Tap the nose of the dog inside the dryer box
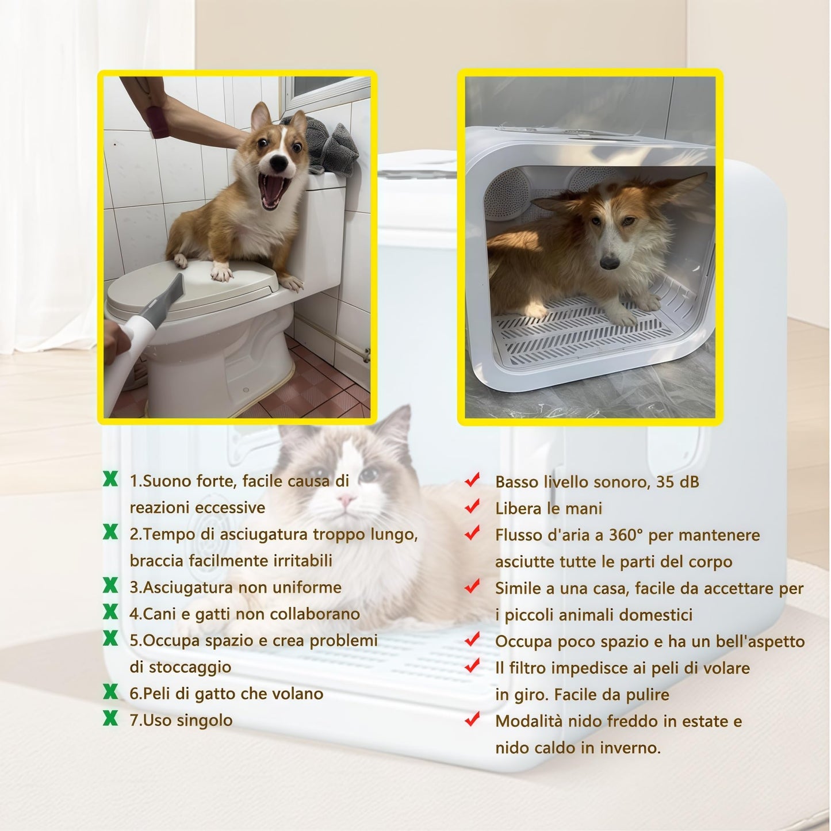pos(608,262)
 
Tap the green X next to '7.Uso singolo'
pos(110,718)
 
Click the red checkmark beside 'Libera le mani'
pos(472,507)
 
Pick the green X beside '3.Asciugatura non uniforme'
pos(110,585)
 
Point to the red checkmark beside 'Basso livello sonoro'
pos(472,480)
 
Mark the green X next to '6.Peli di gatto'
pos(110,692)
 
